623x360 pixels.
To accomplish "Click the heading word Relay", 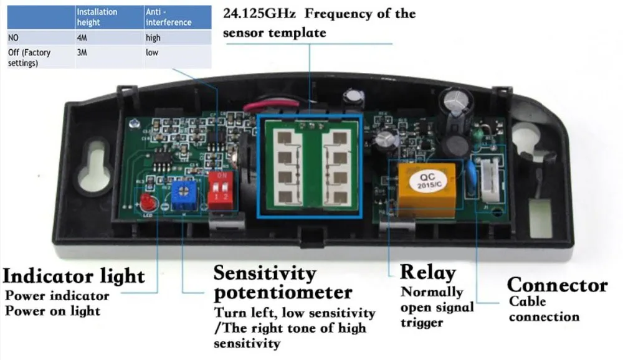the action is [427, 272].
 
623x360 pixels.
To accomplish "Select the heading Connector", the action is [556, 285].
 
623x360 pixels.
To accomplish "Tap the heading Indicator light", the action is [74, 275].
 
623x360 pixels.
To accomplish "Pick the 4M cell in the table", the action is [82, 37].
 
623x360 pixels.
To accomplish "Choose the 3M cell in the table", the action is [82, 52].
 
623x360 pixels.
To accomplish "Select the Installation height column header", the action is [97, 17].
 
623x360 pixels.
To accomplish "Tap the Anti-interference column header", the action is [168, 17].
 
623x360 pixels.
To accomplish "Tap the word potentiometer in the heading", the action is [283, 292].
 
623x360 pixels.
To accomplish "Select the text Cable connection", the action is [544, 309].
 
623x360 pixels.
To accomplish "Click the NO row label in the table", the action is [13, 37].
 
